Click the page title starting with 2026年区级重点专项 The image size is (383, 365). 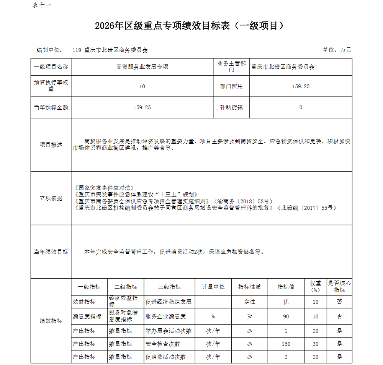[190, 26]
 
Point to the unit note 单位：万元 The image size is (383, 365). [337, 50]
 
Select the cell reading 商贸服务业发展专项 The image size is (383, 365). [142, 67]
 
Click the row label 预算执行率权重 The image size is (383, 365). [51, 86]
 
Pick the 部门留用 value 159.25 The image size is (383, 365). [301, 86]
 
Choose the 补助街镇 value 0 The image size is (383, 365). [301, 107]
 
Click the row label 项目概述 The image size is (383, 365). [51, 145]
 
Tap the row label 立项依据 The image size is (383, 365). [51, 198]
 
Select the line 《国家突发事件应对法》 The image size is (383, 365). [104, 188]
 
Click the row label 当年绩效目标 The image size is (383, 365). [51, 252]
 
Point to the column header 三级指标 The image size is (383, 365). [169, 287]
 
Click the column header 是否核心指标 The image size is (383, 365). [339, 287]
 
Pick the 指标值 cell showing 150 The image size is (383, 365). [286, 344]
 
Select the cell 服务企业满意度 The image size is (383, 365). [166, 316]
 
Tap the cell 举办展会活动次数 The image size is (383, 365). [169, 331]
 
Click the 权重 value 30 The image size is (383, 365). [315, 344]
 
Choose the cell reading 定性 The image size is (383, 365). [249, 302]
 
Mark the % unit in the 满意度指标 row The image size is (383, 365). [213, 317]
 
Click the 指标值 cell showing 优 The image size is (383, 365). [286, 302]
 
